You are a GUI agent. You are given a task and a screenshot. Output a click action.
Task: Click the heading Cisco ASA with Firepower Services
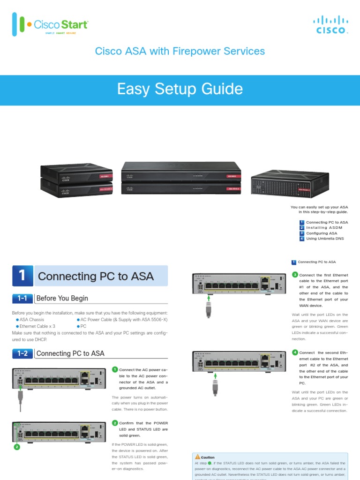[x=180, y=51]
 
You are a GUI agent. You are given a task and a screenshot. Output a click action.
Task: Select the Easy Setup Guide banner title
[x=180, y=89]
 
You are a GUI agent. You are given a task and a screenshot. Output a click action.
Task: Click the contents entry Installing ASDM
[x=324, y=227]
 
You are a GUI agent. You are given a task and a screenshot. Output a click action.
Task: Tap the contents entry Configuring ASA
[x=322, y=233]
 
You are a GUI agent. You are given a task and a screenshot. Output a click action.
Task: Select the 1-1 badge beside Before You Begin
[x=22, y=298]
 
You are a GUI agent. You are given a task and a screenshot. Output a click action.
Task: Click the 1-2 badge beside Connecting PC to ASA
[x=22, y=353]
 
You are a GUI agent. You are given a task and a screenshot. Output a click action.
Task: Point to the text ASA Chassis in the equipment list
[x=31, y=319]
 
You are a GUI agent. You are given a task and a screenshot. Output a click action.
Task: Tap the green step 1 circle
[x=115, y=369]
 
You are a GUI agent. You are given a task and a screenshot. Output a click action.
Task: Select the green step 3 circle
[x=295, y=275]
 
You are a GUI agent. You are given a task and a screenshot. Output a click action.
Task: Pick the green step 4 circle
[x=295, y=352]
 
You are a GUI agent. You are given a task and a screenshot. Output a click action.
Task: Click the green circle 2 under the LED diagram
[x=16, y=447]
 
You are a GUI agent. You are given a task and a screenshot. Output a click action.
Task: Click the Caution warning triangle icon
[x=197, y=457]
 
